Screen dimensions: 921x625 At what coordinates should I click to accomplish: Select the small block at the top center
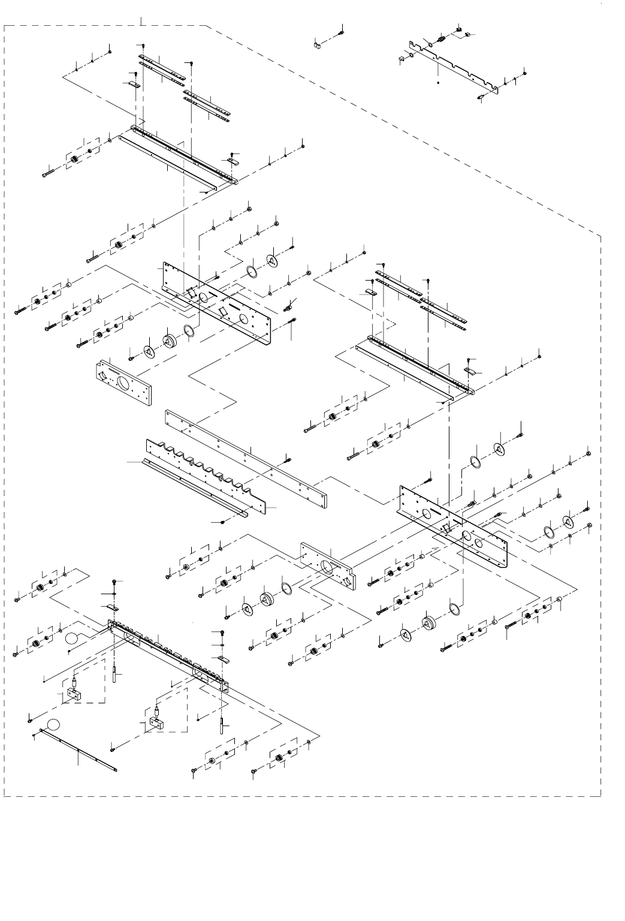pyautogui.click(x=318, y=43)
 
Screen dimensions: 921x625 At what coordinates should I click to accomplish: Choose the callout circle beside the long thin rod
pyautogui.click(x=54, y=723)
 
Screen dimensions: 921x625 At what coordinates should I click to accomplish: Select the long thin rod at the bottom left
pyautogui.click(x=78, y=750)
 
